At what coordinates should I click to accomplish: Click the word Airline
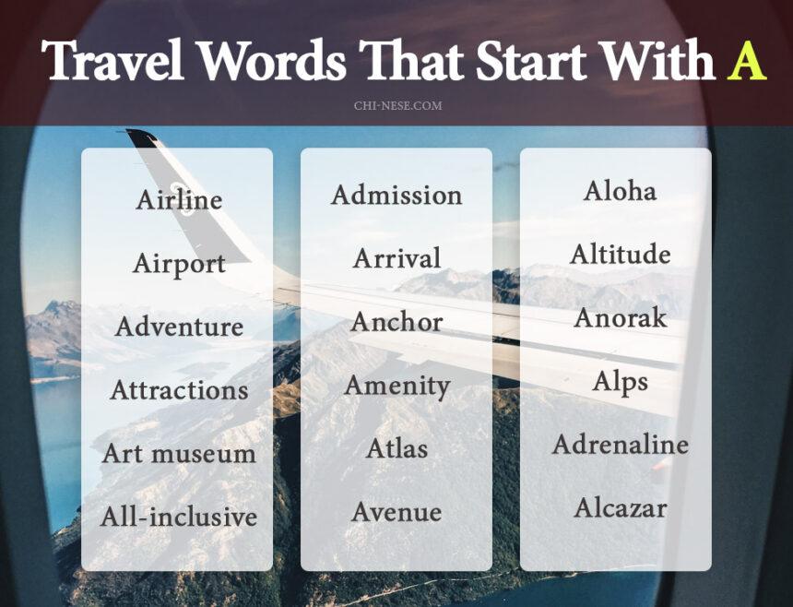pos(179,200)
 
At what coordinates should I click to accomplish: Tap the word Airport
pos(179,264)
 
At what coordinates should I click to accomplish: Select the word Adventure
pos(179,327)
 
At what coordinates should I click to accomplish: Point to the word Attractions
pos(179,390)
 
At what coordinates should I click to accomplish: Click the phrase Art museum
pos(179,454)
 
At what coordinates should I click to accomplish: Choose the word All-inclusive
pos(179,517)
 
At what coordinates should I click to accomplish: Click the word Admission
pos(396,196)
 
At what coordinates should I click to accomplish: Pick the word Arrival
pos(396,258)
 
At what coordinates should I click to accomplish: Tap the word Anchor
pos(396,322)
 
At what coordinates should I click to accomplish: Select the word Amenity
pos(396,386)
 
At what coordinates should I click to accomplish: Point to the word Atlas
pos(396,449)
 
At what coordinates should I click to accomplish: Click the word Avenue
pos(396,512)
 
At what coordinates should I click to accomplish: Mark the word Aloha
pos(620,191)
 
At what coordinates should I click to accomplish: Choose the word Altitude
pos(620,254)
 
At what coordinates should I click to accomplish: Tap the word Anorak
pos(620,318)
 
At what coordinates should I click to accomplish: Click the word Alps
pos(620,382)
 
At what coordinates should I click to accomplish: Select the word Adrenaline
pos(620,445)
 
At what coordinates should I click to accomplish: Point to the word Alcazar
pos(620,507)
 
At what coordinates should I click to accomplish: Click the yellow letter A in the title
pos(746,61)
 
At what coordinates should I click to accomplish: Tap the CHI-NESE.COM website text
pos(397,106)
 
